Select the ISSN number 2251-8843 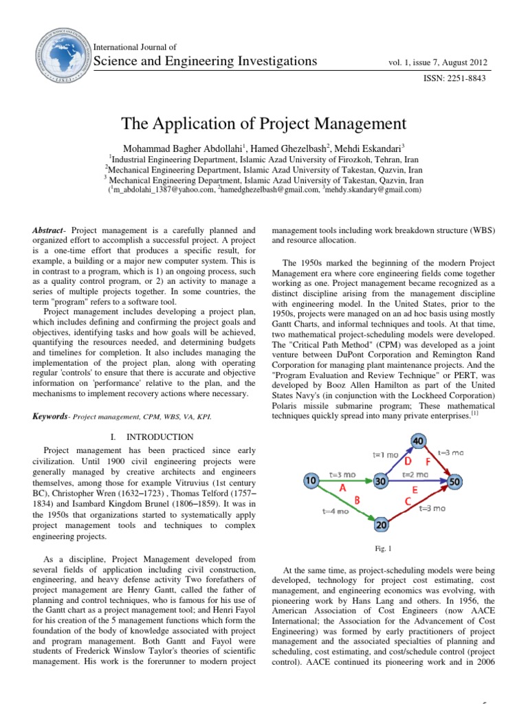(458, 78)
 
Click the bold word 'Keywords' (52, 417)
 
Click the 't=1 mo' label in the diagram (379, 454)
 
